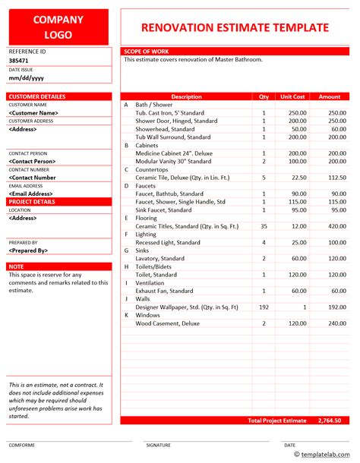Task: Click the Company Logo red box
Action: click(x=59, y=24)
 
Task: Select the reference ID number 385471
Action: click(x=21, y=59)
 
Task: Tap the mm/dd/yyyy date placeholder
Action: click(x=26, y=77)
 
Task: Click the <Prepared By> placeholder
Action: click(x=28, y=250)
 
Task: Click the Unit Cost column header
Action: click(x=292, y=96)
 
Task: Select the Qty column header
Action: click(x=264, y=96)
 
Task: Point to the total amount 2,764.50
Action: click(x=329, y=420)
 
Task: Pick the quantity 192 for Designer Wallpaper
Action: click(x=264, y=307)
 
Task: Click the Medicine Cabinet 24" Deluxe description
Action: click(x=173, y=153)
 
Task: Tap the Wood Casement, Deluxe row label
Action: click(x=168, y=323)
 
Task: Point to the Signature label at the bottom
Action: click(x=159, y=446)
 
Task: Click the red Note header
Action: click(x=16, y=266)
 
